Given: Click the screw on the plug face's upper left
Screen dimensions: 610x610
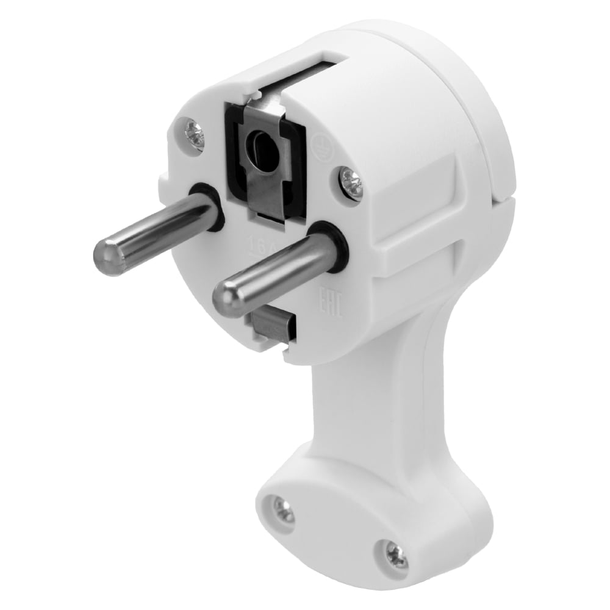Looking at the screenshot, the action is (194, 134).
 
